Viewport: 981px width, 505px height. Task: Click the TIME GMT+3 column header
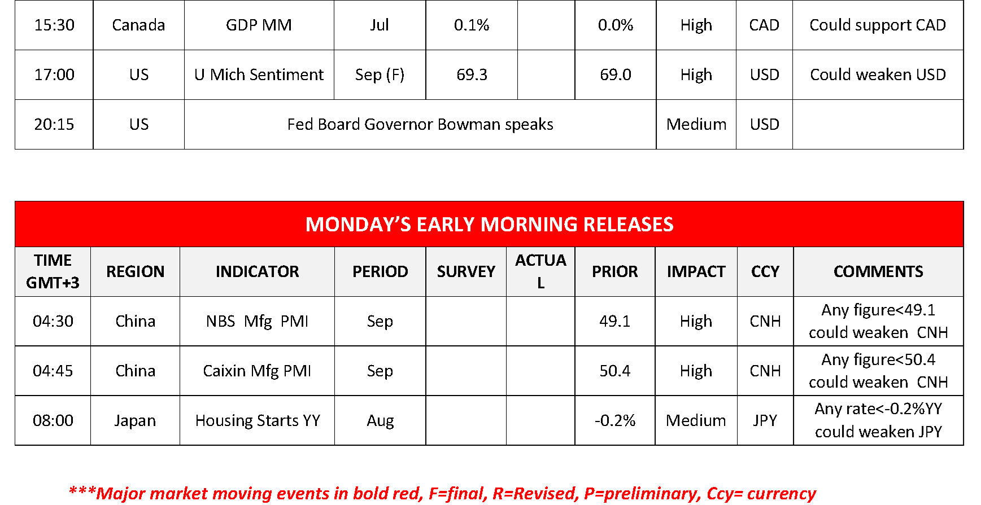53,271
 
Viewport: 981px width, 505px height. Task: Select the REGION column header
136,271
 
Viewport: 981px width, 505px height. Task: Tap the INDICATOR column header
257,271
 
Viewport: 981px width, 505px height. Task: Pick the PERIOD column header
380,271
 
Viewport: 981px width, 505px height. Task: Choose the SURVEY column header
466,271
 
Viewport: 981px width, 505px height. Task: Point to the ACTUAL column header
540,271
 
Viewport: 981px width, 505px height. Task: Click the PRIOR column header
614,271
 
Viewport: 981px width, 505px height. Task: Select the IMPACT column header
696,271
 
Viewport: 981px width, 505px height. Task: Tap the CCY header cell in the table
765,271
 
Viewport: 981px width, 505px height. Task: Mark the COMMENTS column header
878,271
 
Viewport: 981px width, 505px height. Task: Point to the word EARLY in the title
446,225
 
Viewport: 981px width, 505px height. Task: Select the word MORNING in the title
529,225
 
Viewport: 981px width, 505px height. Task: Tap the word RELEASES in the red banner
628,225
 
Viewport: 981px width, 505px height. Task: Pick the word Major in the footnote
121,494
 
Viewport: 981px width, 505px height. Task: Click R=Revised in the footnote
535,494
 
